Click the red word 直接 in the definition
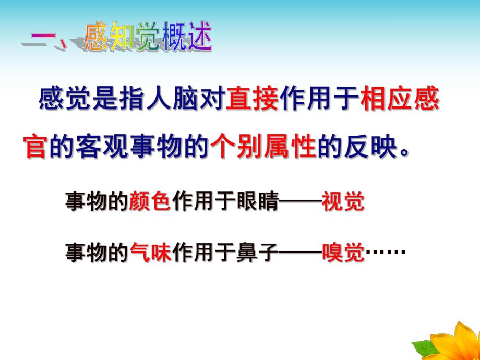253,99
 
